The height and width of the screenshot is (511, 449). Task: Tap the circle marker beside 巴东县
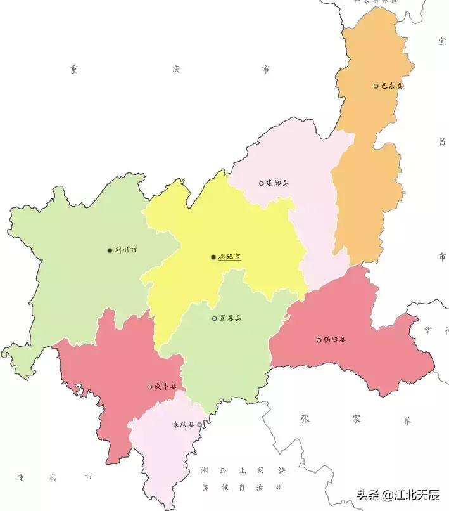coord(376,86)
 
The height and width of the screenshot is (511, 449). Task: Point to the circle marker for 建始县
coord(261,183)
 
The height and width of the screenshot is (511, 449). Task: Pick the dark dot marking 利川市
coord(110,250)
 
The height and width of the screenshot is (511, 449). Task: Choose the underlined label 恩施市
coord(229,257)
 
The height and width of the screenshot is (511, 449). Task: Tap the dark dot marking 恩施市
coord(213,257)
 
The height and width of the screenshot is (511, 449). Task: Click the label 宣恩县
coord(230,318)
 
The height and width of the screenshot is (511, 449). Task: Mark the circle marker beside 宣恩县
coord(214,318)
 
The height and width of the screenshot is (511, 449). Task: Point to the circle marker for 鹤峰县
coord(319,340)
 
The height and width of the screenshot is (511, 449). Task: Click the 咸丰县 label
coord(165,387)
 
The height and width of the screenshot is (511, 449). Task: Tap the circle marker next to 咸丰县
coord(149,387)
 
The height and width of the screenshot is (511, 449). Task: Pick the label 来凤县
coord(184,425)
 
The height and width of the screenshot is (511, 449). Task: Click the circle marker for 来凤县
coord(199,425)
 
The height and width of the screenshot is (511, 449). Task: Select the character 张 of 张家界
coord(305,419)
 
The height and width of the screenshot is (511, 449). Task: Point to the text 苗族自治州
coord(243,488)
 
